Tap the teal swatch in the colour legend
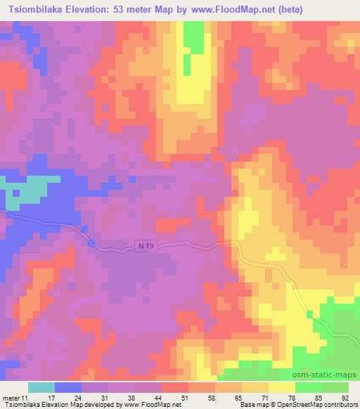41,387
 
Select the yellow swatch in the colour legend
281,387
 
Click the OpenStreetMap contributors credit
311,404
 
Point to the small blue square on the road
93,242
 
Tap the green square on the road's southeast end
309,314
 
